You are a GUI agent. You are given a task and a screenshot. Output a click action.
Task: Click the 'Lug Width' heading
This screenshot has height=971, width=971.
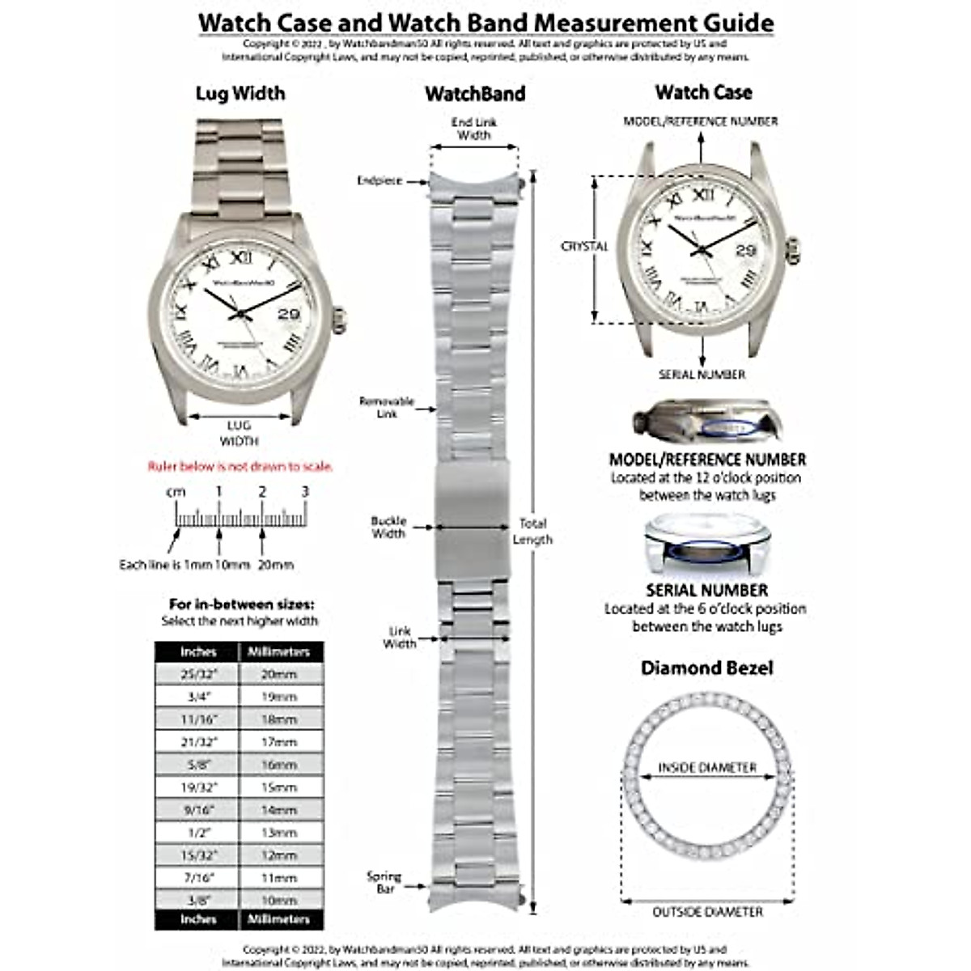click(x=240, y=93)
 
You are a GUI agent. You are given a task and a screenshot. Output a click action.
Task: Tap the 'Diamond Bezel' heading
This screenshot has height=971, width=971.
click(x=706, y=668)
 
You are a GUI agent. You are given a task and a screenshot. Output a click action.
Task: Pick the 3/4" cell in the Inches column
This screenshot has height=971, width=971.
click(x=198, y=697)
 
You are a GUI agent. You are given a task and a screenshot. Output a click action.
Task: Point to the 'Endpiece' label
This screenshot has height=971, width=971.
click(x=379, y=181)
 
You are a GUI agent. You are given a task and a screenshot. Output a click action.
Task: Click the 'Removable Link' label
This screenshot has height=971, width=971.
click(x=387, y=407)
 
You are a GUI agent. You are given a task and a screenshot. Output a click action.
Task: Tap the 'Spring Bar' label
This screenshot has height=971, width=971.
click(x=384, y=882)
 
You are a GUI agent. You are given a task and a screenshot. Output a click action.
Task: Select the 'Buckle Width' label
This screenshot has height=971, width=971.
click(x=388, y=528)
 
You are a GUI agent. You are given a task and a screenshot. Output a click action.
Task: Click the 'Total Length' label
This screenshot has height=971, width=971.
click(x=532, y=532)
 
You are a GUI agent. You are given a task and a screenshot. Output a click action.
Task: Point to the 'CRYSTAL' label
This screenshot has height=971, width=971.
click(x=584, y=246)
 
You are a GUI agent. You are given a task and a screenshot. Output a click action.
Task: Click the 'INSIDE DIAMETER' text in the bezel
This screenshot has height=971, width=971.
click(x=706, y=767)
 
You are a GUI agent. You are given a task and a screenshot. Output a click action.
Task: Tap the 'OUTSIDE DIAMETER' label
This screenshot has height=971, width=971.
click(x=707, y=912)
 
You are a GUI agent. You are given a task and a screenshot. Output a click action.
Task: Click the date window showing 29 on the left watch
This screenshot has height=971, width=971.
click(x=290, y=315)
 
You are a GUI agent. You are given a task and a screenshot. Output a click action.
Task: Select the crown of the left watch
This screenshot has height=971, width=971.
click(x=339, y=319)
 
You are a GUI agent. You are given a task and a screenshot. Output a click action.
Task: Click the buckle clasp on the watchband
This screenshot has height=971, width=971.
click(x=473, y=499)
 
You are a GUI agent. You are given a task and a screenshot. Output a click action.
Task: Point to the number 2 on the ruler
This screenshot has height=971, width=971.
click(x=262, y=492)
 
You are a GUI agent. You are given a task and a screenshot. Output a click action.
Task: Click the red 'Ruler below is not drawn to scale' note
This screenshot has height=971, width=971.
click(x=240, y=467)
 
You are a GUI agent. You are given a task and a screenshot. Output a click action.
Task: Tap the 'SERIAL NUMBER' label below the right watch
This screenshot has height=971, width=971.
click(x=702, y=375)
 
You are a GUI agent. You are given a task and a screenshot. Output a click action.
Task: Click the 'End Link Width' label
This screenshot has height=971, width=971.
click(x=473, y=129)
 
